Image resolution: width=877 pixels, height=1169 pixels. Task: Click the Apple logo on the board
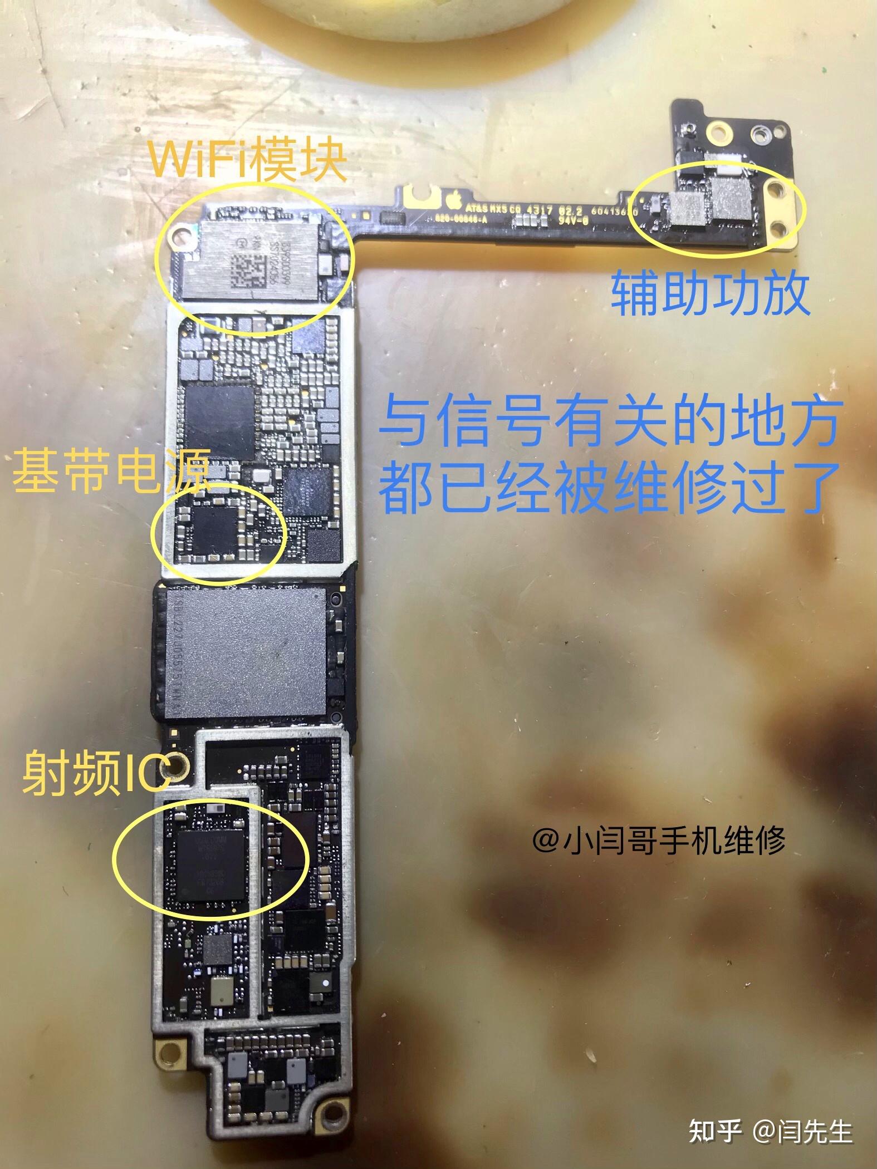point(454,199)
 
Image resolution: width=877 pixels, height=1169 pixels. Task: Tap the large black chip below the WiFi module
point(218,416)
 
